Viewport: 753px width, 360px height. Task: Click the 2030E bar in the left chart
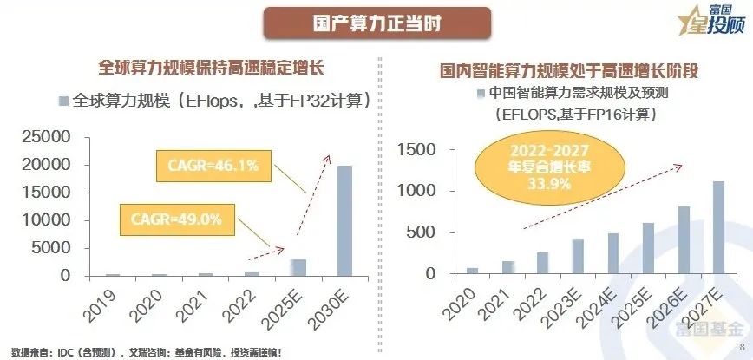(x=344, y=220)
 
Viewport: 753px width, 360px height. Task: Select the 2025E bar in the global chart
(x=298, y=267)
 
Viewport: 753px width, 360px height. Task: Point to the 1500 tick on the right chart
(x=420, y=149)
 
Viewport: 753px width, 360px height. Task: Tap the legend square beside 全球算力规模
(x=62, y=100)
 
